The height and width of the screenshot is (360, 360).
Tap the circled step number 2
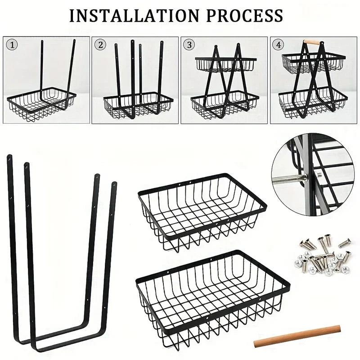pos(100,45)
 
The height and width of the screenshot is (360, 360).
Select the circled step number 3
pos(189,45)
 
